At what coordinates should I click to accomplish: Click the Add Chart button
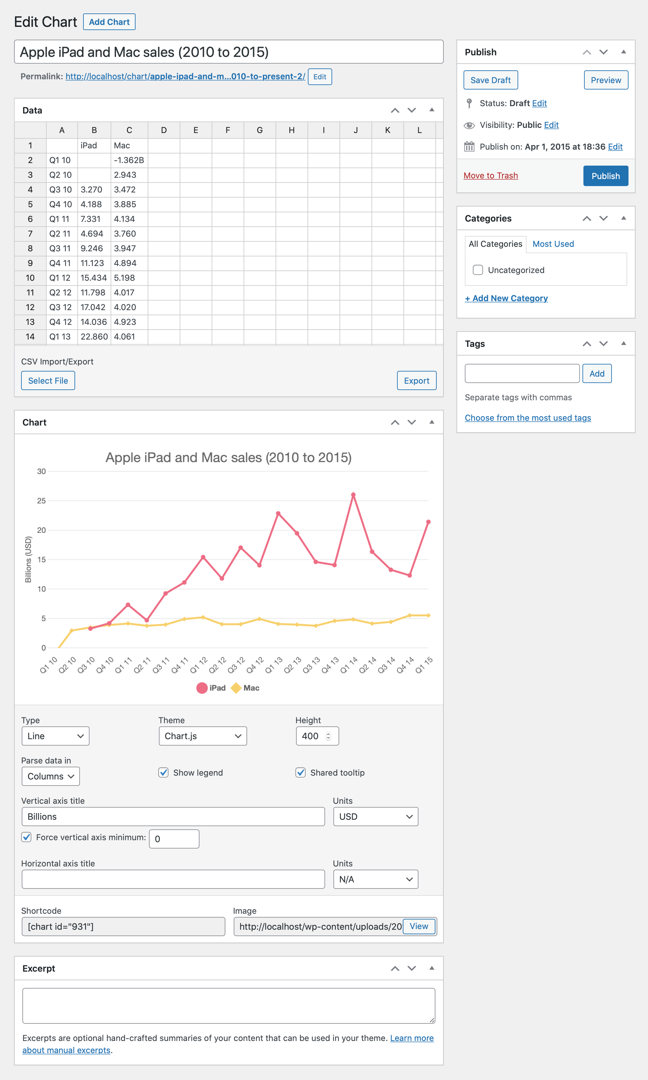109,22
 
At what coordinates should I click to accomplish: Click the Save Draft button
490,80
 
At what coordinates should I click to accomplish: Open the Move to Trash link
490,176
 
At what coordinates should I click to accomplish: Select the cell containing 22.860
94,337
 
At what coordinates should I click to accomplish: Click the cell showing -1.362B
129,160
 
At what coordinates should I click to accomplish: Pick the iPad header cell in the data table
94,145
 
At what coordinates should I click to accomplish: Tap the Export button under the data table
416,380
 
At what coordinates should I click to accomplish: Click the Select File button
48,380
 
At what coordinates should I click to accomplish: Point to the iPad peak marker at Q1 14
353,495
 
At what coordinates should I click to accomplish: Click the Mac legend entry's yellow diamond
236,688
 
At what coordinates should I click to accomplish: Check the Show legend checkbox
163,772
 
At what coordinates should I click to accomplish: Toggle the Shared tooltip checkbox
301,772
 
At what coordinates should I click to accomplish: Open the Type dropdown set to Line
55,736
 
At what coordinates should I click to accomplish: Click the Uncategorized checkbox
478,270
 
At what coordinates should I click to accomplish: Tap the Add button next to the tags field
597,373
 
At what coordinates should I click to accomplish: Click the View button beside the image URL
418,926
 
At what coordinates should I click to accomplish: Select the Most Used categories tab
553,244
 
